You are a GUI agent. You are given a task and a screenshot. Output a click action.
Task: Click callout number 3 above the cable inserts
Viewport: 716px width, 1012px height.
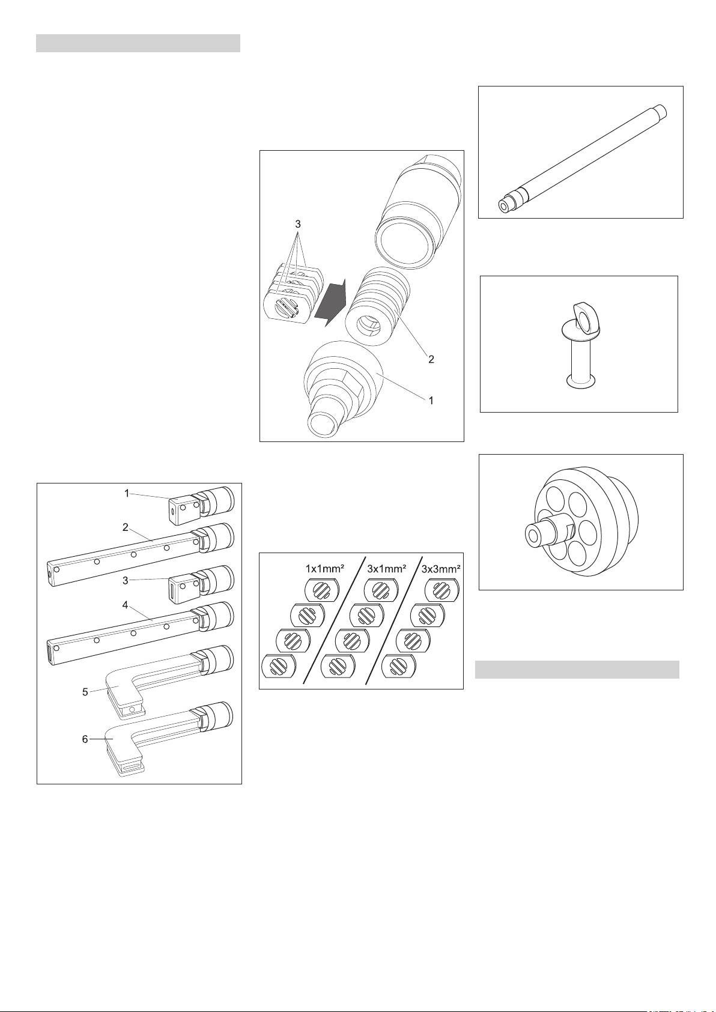tap(298, 223)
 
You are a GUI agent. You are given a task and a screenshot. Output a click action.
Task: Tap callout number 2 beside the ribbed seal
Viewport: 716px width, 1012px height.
tap(431, 359)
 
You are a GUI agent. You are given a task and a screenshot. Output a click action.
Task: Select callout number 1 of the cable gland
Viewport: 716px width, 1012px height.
tap(431, 400)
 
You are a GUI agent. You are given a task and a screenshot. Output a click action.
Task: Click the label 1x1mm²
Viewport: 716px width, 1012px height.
tap(325, 569)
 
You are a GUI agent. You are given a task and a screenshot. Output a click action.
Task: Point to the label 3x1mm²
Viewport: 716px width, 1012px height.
tap(387, 569)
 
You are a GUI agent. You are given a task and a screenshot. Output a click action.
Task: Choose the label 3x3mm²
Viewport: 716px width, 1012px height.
tap(441, 569)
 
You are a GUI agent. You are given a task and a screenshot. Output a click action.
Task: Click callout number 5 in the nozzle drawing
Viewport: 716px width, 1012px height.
tap(85, 692)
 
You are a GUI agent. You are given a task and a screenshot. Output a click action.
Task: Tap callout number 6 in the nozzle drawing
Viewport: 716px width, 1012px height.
tap(85, 739)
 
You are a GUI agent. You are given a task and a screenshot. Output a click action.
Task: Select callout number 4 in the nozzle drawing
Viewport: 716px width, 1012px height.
tap(126, 604)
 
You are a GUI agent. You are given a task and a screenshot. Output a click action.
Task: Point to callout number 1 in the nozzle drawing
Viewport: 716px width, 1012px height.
tap(127, 493)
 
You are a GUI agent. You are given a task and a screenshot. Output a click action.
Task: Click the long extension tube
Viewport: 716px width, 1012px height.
tap(583, 158)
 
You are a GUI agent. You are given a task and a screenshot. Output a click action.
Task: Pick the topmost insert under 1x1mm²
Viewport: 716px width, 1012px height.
tap(321, 590)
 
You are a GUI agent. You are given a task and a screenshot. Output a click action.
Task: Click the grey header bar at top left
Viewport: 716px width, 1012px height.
tap(138, 43)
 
